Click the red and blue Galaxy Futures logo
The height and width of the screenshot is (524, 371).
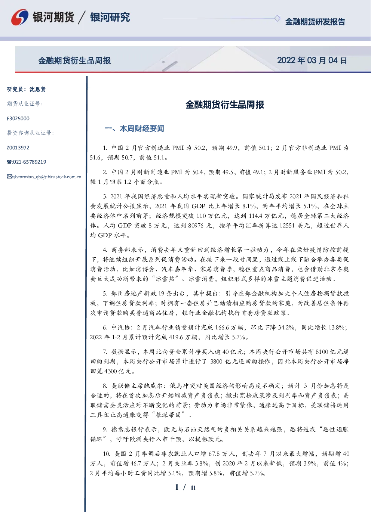click(x=20, y=17)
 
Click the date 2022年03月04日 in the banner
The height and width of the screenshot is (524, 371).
click(x=312, y=61)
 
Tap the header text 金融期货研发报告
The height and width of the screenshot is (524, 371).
click(x=315, y=22)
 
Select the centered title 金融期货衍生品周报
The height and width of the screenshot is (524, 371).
click(x=225, y=105)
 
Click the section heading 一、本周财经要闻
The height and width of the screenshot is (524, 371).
click(x=134, y=128)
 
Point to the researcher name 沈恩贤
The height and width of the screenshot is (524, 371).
click(x=37, y=89)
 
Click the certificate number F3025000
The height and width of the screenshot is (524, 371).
click(x=18, y=118)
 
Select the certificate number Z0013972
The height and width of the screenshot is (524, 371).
click(x=18, y=148)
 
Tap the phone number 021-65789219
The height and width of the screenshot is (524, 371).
click(x=29, y=162)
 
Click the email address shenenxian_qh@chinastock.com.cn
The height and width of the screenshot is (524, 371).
click(x=47, y=177)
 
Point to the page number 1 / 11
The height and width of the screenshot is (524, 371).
click(x=185, y=487)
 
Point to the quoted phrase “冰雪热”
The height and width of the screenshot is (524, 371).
click(x=166, y=279)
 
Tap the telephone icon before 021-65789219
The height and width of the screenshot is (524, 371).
click(x=9, y=162)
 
